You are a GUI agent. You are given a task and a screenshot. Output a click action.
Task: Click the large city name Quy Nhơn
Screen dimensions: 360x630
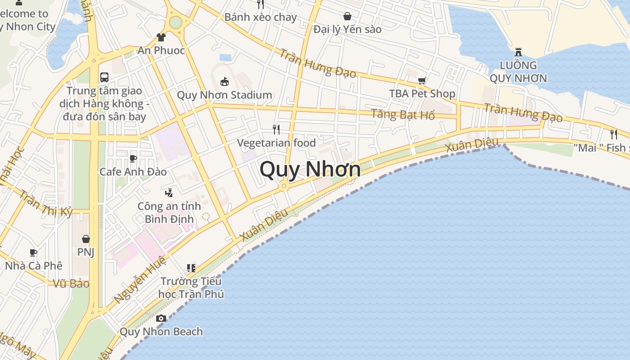point(310,170)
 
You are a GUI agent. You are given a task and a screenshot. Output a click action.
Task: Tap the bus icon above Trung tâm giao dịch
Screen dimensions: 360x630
point(104,77)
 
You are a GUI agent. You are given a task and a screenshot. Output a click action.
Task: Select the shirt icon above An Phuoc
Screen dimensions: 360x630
point(161,37)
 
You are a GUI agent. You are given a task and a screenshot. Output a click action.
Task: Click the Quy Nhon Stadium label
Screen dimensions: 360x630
point(225,95)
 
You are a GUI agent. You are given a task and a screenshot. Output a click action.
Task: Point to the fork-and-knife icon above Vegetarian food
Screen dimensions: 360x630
point(276,130)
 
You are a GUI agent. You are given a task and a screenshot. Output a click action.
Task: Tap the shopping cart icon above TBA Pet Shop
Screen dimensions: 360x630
point(422,81)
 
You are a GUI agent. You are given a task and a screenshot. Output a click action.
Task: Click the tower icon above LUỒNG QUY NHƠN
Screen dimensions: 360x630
point(518,52)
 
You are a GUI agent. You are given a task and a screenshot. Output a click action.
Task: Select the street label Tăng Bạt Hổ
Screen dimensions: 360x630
point(403,114)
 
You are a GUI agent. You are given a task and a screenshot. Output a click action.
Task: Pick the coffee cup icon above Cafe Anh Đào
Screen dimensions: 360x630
point(133,158)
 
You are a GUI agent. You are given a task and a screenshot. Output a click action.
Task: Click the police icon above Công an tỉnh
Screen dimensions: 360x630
point(169,193)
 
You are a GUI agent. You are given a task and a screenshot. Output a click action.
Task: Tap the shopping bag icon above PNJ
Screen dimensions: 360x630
point(85,238)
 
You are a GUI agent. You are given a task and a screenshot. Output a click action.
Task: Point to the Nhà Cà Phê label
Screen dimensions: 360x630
point(34,265)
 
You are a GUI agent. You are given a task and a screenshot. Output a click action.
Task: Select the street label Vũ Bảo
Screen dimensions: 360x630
point(71,283)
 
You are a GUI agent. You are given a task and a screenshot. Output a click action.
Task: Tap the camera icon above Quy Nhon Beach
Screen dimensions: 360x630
point(161,319)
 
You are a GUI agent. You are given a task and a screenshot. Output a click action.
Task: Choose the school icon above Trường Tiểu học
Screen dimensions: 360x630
point(191,268)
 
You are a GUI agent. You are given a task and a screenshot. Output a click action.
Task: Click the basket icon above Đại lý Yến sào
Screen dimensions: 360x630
point(347,17)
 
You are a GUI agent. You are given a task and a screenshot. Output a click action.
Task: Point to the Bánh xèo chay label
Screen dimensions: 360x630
point(261,17)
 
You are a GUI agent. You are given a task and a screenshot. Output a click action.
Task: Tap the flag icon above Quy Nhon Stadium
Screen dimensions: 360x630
point(224,81)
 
